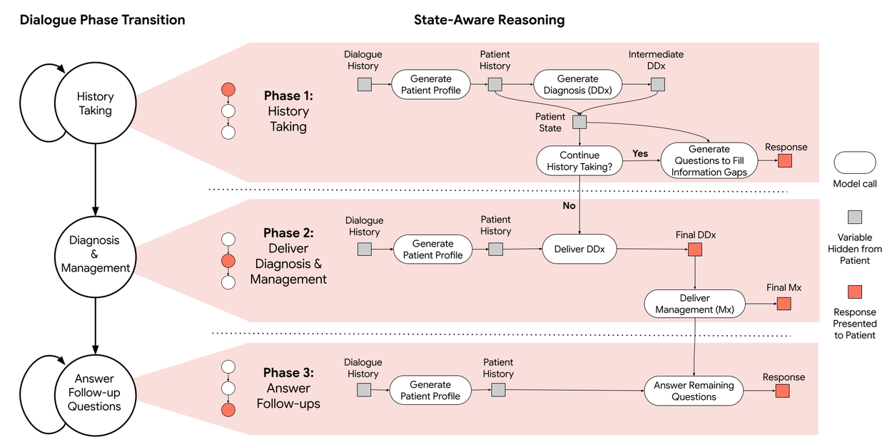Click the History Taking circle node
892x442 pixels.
[x=95, y=103]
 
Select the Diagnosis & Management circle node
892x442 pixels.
[x=95, y=255]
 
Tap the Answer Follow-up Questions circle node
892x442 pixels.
[x=94, y=392]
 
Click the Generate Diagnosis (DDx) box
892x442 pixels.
[x=578, y=85]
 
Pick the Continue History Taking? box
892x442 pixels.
[x=579, y=161]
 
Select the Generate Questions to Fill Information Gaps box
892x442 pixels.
[x=709, y=160]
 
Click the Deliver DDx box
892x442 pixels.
[x=579, y=250]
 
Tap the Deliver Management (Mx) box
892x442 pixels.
[x=694, y=304]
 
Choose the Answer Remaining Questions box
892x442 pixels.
[x=694, y=391]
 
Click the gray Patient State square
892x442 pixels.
[x=579, y=123]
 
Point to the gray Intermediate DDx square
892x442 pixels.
[x=657, y=85]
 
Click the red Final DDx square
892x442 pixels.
[x=695, y=250]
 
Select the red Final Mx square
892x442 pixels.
[x=784, y=304]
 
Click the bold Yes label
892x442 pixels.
[x=640, y=153]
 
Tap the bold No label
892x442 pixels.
[x=568, y=205]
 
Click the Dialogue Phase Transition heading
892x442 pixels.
[x=102, y=20]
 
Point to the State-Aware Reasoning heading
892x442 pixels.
[x=489, y=20]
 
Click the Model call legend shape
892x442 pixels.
[x=854, y=163]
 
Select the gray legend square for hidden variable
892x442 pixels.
[x=854, y=217]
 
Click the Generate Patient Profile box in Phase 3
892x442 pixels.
[x=430, y=390]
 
